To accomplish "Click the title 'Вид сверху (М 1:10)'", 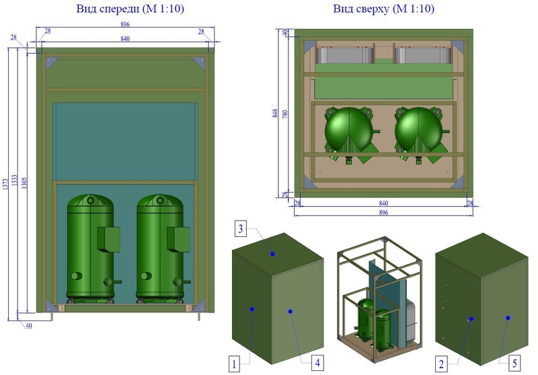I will (384, 9).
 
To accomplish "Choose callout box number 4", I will (317, 363).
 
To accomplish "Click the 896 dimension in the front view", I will (124, 24).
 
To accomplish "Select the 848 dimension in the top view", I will (274, 113).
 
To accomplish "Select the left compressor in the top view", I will (349, 130).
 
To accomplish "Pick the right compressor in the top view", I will (420, 130).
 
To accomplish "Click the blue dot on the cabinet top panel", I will (273, 254).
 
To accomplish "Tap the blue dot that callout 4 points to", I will (290, 310).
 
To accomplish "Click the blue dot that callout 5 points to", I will (508, 317).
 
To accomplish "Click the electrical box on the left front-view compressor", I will (108, 238).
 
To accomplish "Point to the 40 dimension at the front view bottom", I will (29, 325).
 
